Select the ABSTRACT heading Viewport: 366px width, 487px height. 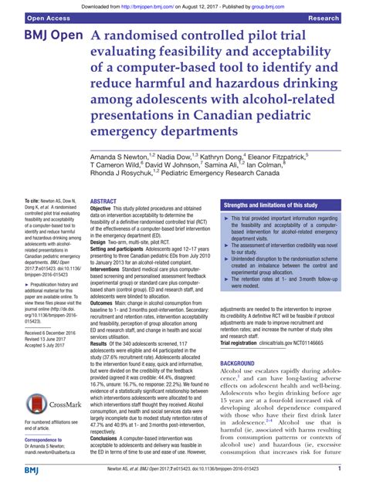(104, 201)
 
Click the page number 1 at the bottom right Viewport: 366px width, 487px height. (341, 469)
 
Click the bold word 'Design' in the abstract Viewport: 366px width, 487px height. (100, 241)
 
